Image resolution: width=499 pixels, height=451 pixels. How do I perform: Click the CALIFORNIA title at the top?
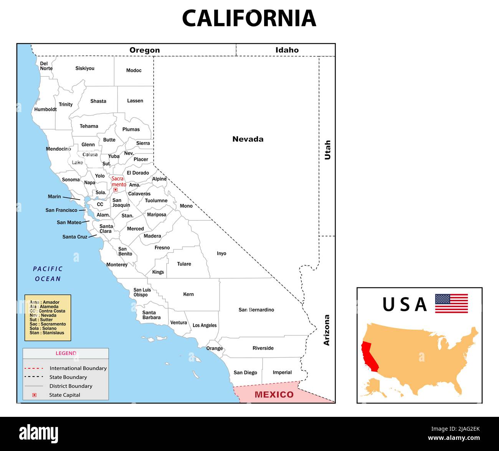pos(249,18)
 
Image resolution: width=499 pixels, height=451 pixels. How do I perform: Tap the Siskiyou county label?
pos(85,68)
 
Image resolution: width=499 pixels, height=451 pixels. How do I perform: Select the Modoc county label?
pos(134,70)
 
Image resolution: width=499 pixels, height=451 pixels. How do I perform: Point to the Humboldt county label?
pos(45,109)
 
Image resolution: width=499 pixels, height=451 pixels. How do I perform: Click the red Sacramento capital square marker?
pos(116,190)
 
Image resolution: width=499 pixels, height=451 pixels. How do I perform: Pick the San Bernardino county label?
pos(256,310)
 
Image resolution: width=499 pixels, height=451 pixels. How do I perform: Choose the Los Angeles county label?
pos(205,325)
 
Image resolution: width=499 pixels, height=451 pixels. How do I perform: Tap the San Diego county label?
pos(245,373)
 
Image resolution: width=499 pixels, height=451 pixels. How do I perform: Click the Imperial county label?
pos(282,372)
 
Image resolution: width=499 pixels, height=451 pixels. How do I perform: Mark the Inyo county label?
pos(221,253)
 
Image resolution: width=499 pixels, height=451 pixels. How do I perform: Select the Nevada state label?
pos(248,139)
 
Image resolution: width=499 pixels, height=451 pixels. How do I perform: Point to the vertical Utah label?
pos(327,150)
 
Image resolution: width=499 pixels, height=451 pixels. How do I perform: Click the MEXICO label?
pos(274,395)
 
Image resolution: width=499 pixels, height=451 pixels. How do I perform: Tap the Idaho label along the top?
pos(287,50)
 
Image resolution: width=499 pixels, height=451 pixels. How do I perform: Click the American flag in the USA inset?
pos(451,303)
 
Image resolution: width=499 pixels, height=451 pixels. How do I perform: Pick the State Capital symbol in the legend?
pos(34,395)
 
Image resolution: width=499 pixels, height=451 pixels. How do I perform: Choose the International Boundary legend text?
pos(78,368)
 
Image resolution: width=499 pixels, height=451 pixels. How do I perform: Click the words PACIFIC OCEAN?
pos(48,274)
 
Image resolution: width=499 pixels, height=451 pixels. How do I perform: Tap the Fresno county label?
pos(162,248)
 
